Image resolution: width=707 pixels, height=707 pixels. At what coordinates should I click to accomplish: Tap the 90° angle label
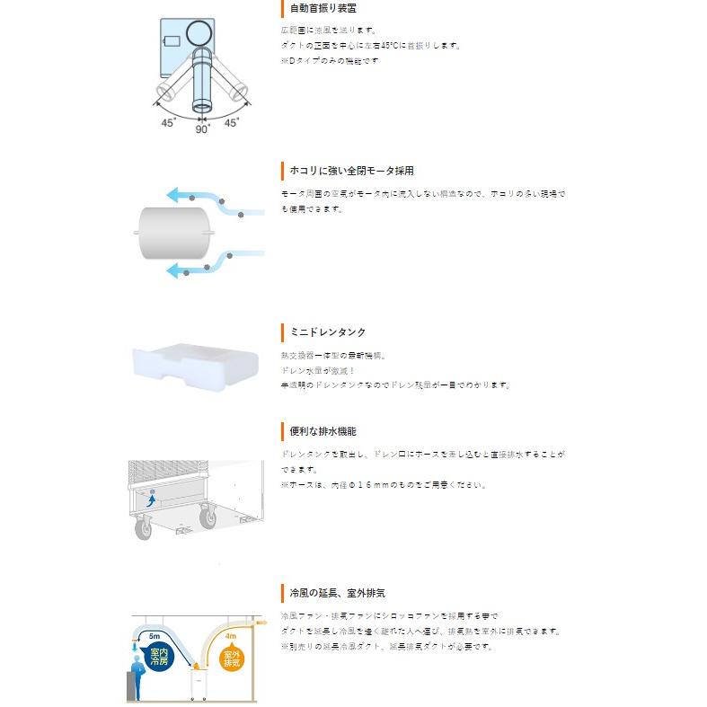pos(202,128)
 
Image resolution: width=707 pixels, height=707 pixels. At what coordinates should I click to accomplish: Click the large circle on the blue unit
pos(199,35)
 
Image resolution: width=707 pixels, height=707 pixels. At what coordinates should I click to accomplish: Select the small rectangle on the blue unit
pos(170,40)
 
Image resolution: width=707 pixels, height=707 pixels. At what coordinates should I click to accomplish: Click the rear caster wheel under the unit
pos(208,517)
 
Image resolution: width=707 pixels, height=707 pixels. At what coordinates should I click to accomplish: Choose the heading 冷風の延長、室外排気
pos(337,594)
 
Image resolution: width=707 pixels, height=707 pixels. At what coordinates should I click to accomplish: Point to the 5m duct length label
pos(155,635)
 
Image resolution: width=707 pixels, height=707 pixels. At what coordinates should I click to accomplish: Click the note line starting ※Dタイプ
pos(330,60)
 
